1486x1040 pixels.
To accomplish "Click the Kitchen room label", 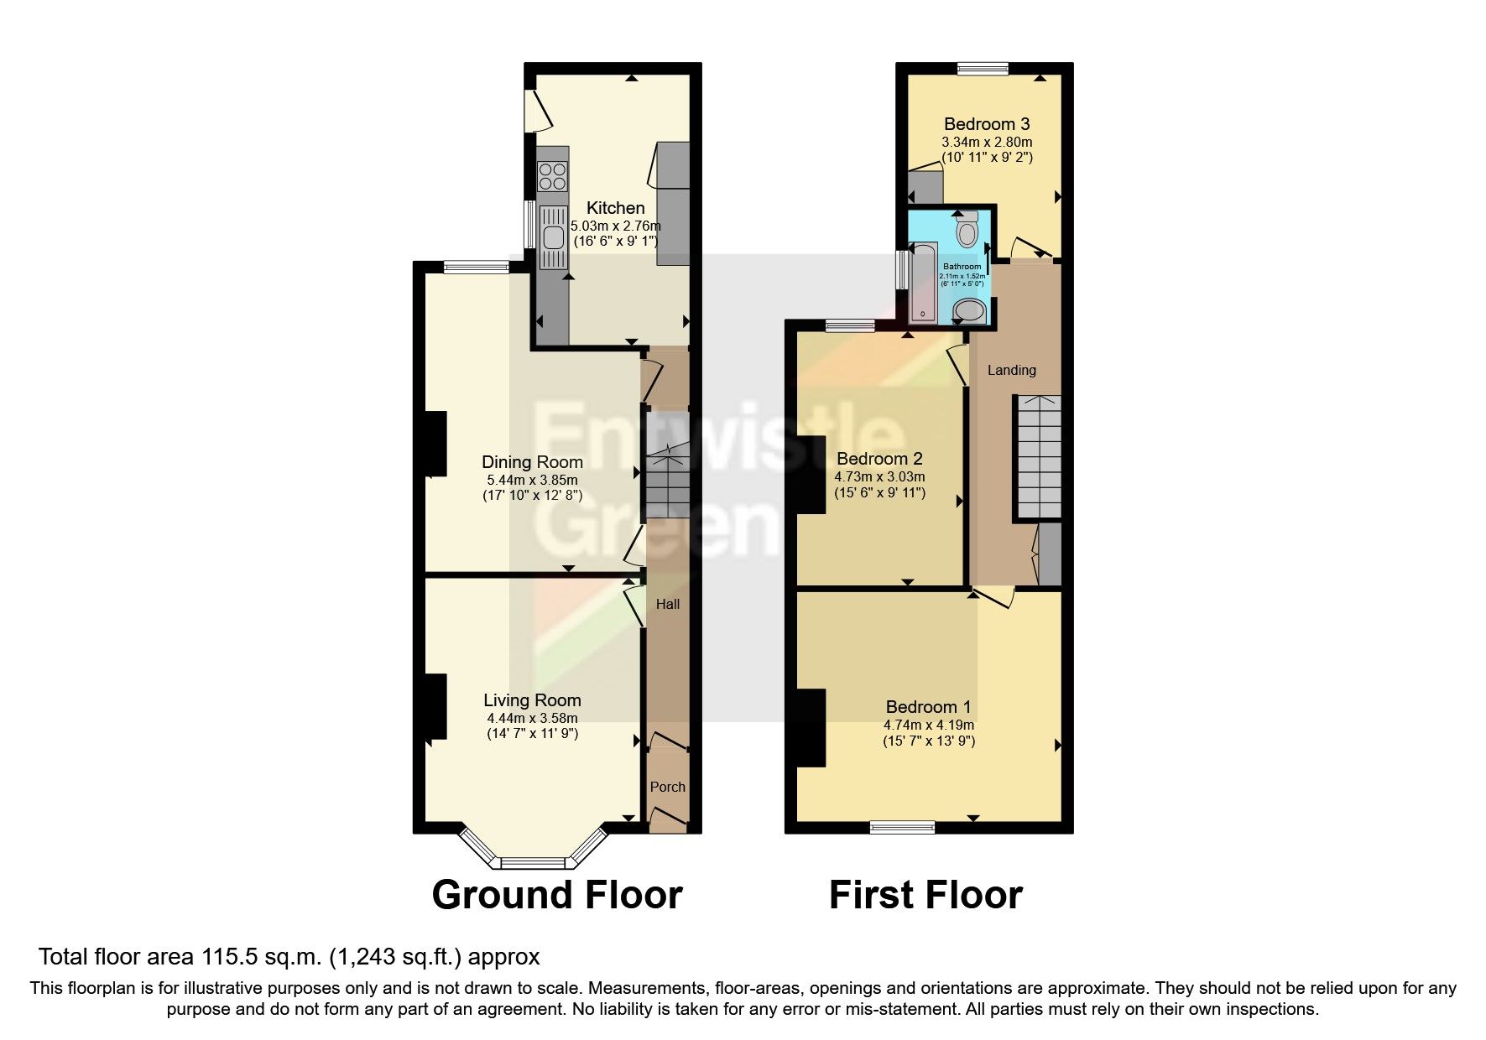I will (x=615, y=207).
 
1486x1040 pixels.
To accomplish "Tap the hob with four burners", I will (x=552, y=176).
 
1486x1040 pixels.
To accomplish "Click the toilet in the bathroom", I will (x=967, y=228).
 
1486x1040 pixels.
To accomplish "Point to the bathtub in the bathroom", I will (x=922, y=282).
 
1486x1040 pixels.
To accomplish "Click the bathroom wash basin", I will (x=970, y=312).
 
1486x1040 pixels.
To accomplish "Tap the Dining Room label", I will (x=532, y=461).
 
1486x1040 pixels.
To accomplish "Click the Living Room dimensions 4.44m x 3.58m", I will (x=532, y=718).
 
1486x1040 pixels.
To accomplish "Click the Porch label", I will (x=668, y=787).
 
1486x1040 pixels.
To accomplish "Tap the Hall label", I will (x=668, y=604).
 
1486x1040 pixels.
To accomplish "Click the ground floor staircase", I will (x=667, y=481).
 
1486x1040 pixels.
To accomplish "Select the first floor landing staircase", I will (x=1039, y=458).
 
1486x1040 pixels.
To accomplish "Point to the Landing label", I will (x=1011, y=370).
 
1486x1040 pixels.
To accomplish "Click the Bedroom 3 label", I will (x=987, y=124).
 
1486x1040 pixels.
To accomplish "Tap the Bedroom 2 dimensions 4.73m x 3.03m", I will (x=879, y=476).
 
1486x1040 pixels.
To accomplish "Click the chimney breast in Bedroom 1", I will (x=811, y=727).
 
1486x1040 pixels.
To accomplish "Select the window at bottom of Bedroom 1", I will (x=903, y=827).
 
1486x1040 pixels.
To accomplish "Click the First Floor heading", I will (x=925, y=895).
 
